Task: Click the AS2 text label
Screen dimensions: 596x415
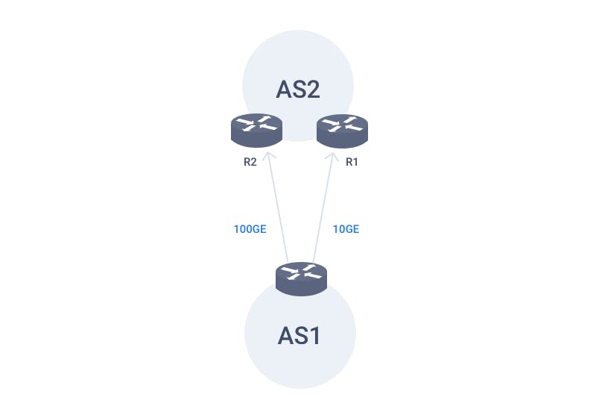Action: [298, 90]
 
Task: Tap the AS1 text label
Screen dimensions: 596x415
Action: [299, 336]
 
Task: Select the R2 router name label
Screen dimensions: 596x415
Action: [250, 162]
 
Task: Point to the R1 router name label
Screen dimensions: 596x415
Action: [352, 162]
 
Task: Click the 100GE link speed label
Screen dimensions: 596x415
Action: [250, 229]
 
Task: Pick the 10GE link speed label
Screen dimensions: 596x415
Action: [346, 229]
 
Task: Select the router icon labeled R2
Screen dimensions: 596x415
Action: [256, 130]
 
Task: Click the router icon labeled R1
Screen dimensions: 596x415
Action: [342, 131]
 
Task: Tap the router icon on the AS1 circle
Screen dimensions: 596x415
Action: [301, 278]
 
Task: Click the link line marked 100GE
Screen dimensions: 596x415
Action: [278, 207]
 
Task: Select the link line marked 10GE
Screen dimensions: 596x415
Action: [323, 208]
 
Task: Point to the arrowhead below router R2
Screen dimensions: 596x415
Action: [269, 156]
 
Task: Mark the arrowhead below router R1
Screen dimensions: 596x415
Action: [332, 157]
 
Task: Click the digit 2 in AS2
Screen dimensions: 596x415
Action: [312, 90]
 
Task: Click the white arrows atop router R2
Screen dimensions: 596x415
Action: [256, 124]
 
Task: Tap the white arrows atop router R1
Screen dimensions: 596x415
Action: [342, 125]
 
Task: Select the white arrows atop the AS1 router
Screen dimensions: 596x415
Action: [301, 272]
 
